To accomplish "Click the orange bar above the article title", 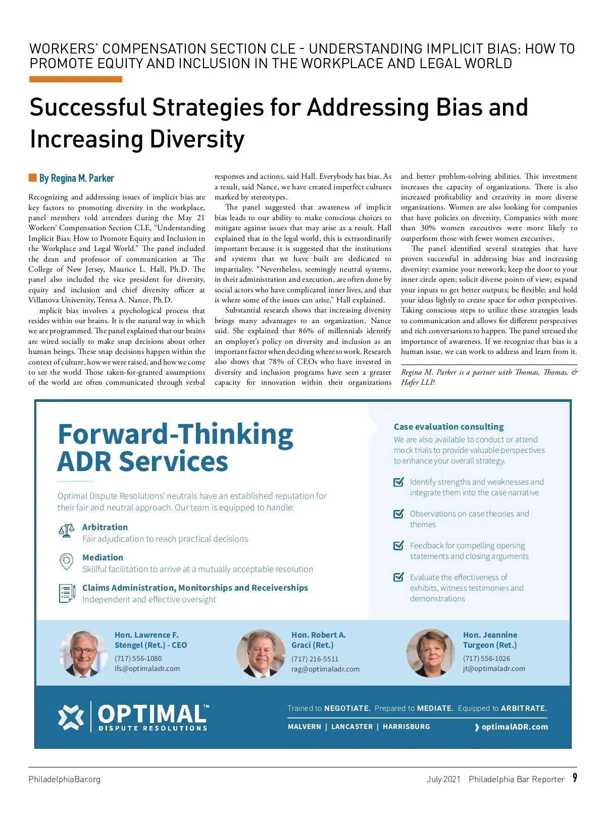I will [x=76, y=79].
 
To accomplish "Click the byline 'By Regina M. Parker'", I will [x=77, y=178].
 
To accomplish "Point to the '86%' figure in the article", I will [x=306, y=331].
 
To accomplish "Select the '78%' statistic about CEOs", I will [x=276, y=362].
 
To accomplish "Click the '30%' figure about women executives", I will [x=428, y=228].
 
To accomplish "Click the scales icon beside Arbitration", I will [x=67, y=531].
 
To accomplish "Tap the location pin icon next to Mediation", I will [x=67, y=561].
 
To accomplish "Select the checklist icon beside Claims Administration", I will [x=67, y=593].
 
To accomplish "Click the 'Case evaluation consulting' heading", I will [x=448, y=427].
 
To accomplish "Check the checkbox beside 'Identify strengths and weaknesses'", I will [x=398, y=482].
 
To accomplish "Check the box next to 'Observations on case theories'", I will [x=398, y=514].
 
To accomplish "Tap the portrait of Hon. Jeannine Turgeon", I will [x=430, y=653].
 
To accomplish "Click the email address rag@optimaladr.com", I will [x=325, y=669].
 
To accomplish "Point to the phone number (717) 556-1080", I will [x=138, y=658].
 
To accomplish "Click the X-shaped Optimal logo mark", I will [x=71, y=716].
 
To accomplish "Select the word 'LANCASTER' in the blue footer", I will [x=351, y=727].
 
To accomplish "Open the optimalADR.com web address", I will [x=514, y=727].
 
